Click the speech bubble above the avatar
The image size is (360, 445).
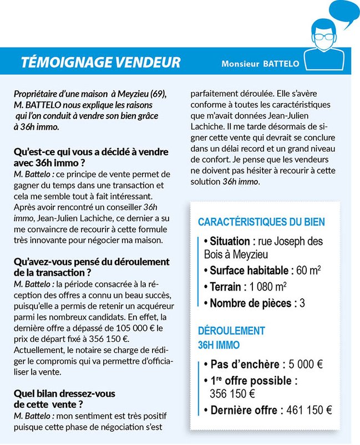[x=339, y=16]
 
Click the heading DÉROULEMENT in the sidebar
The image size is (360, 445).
[x=231, y=331]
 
